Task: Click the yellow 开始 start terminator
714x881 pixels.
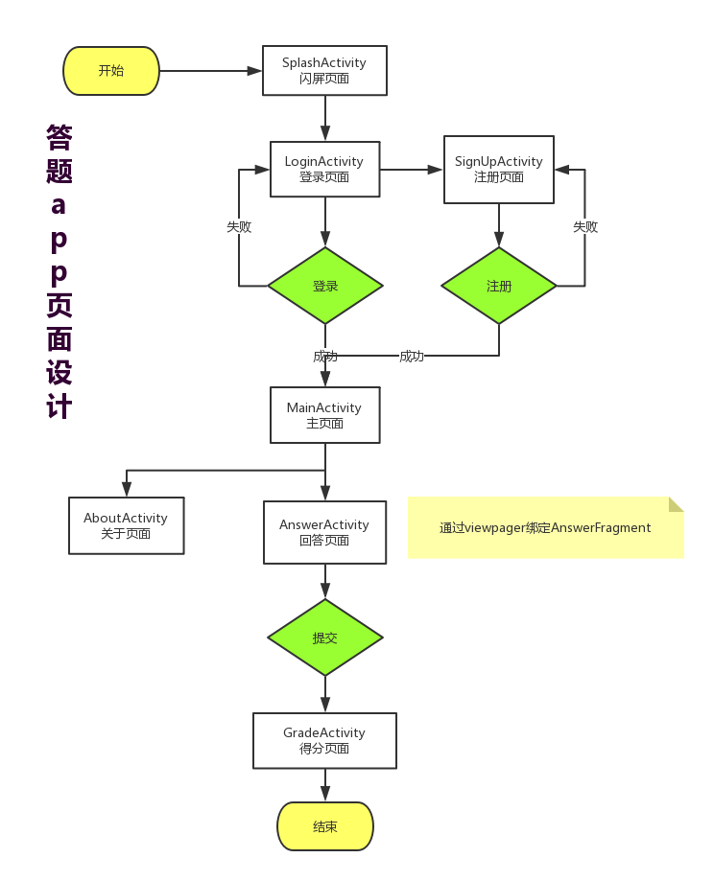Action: click(111, 71)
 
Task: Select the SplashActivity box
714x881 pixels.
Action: click(324, 71)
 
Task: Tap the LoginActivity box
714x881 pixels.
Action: click(324, 170)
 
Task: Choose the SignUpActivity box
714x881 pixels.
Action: click(498, 170)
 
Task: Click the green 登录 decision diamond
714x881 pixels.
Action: click(325, 286)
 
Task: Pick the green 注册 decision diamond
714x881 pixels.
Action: click(499, 286)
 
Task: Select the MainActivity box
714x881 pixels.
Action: click(324, 415)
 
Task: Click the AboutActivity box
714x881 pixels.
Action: click(126, 525)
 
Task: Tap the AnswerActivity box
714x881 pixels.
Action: click(324, 532)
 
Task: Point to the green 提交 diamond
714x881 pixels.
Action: click(325, 638)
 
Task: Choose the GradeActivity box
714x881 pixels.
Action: click(324, 740)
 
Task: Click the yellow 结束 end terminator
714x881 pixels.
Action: click(325, 826)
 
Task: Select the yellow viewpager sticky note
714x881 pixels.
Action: click(545, 527)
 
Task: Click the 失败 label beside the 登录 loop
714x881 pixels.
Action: click(239, 227)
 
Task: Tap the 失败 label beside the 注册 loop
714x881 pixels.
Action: click(585, 227)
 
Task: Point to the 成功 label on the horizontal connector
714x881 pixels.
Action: click(412, 357)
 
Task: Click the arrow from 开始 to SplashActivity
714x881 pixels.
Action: click(211, 71)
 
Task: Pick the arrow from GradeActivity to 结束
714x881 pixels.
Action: click(325, 785)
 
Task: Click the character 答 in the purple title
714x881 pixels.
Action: click(59, 137)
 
